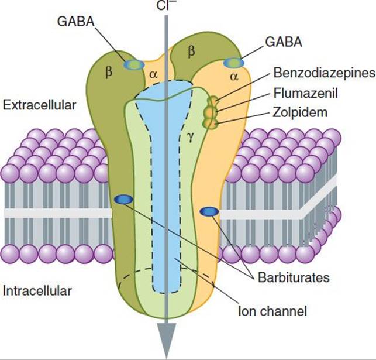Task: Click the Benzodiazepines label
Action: [x=325, y=73]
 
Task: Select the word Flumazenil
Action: [x=305, y=93]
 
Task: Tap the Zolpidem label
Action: [x=300, y=112]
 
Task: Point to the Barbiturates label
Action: [x=294, y=277]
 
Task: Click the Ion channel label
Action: [x=272, y=311]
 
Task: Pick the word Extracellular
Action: [x=39, y=105]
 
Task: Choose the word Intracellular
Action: [x=37, y=291]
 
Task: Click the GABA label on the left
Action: [x=76, y=22]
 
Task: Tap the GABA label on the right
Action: [x=284, y=42]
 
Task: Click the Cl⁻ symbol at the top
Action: [x=164, y=5]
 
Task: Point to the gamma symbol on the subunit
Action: [x=190, y=138]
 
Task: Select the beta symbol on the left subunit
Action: [x=109, y=71]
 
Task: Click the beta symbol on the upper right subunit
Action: [x=191, y=52]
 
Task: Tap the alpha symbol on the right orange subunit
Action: [x=234, y=77]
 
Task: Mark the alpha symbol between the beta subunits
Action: [x=153, y=75]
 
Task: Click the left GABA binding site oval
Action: [x=134, y=65]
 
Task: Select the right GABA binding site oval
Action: [x=233, y=63]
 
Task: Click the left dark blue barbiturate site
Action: [x=123, y=200]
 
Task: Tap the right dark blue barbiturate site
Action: [x=209, y=211]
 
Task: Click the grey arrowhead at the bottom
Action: [x=166, y=340]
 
